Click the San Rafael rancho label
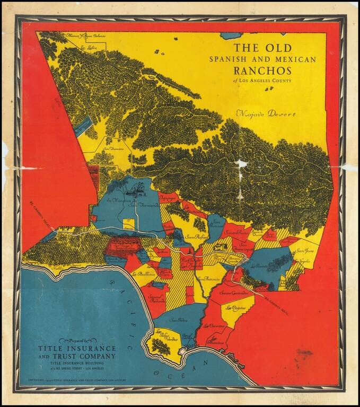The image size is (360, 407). click(x=195, y=236)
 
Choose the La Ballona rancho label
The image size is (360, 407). click(x=144, y=274)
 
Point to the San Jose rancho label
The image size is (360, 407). click(x=306, y=251)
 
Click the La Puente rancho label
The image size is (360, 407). click(x=260, y=267)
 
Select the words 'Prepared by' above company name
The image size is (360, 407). click(x=76, y=341)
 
